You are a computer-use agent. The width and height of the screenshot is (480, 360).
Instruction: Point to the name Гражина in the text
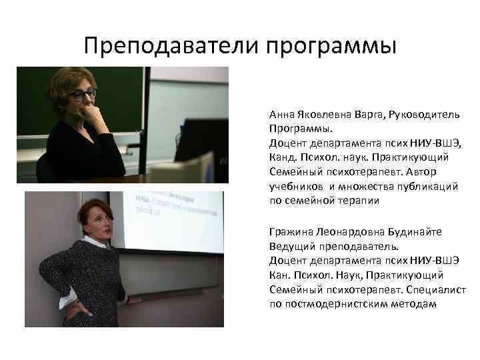290,231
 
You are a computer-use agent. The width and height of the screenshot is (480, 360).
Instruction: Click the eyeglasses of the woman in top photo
83,95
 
